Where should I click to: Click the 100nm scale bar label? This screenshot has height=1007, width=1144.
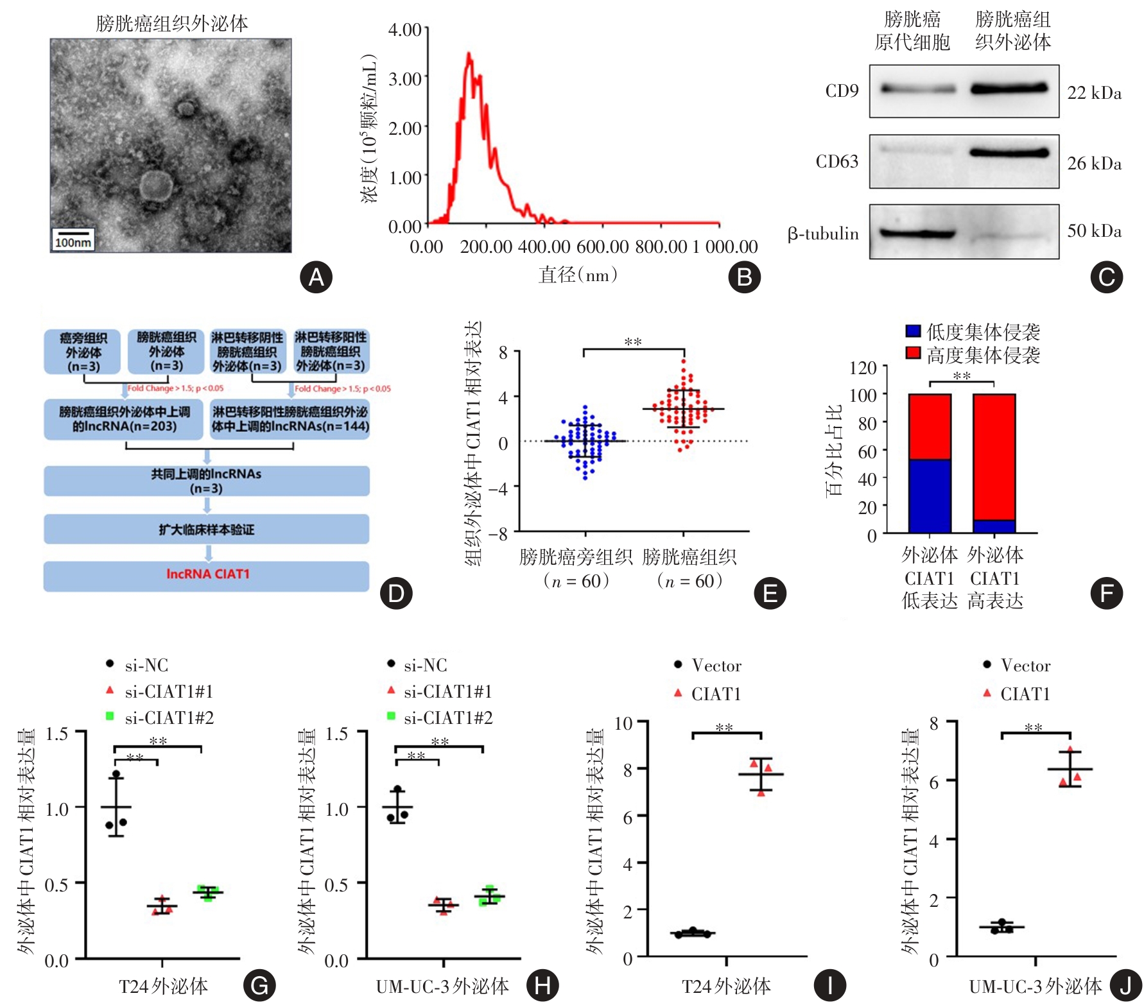73,243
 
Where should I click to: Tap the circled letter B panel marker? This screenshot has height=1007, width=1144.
744,277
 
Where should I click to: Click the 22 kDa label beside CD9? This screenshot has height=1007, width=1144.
1094,93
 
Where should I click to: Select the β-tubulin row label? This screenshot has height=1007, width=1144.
823,234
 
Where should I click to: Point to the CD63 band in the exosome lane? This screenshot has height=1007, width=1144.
1009,153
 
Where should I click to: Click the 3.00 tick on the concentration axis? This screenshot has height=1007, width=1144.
404,79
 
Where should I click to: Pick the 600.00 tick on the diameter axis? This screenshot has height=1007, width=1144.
603,247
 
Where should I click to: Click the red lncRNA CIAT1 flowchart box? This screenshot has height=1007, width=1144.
207,574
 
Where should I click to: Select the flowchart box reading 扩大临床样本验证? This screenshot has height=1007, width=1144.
207,529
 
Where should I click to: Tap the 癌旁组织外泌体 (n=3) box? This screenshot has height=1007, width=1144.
82,352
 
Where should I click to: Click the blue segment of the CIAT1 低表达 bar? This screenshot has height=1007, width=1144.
930,495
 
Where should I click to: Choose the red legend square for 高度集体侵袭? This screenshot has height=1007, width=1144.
913,353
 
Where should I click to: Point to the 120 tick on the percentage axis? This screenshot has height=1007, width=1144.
863,368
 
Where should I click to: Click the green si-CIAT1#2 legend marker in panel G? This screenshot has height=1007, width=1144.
110,716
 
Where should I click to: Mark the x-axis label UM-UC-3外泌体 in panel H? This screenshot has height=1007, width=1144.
442,986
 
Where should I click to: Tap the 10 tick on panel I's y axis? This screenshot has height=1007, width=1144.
624,724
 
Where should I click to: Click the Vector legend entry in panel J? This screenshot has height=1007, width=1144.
1025,666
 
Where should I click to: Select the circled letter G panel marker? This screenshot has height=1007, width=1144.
259,986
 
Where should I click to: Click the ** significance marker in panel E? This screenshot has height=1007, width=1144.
633,342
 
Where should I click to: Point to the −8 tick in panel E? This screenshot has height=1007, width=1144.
498,533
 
